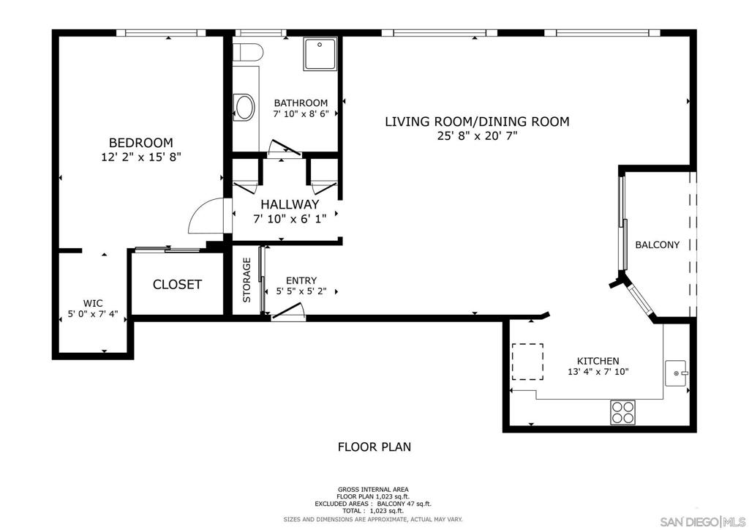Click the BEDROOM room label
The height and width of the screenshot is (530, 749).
141,143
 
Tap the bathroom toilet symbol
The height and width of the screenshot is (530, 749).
248,52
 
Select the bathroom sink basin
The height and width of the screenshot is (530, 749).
244,107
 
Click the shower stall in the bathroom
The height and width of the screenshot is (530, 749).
320,53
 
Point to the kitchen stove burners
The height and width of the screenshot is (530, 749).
623,412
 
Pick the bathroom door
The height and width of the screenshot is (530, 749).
285,148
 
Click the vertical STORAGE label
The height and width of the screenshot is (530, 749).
246,280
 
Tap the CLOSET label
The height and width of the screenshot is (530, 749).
177,284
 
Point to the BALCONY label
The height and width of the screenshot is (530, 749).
657,245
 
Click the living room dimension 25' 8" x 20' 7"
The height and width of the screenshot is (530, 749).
477,135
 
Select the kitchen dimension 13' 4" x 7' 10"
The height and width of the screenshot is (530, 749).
598,371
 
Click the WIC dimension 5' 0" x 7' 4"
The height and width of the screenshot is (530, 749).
93,314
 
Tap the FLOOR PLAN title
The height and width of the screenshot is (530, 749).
374,447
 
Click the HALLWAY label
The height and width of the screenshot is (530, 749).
290,204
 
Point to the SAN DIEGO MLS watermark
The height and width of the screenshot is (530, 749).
703,520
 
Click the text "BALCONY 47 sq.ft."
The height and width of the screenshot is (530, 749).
404,504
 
